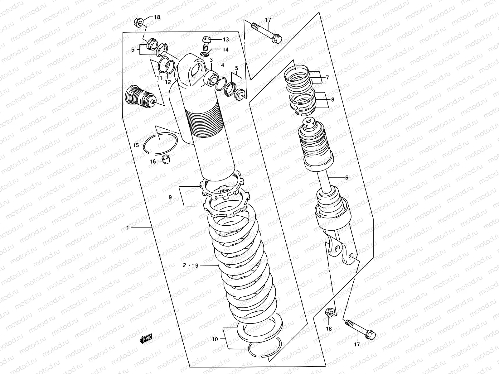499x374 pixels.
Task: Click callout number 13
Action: (225, 40)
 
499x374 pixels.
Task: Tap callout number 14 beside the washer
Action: (225, 50)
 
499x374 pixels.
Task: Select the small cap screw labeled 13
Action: (205, 43)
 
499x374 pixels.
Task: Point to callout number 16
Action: (153, 161)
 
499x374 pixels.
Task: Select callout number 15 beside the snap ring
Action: (136, 145)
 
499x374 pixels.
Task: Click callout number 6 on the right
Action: (346, 178)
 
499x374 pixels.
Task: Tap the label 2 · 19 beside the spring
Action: (191, 266)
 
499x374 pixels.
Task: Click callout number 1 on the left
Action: (128, 228)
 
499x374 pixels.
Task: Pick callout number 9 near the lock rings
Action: (170, 197)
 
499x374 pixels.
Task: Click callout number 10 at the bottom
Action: (215, 339)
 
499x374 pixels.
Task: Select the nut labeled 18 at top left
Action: (138, 22)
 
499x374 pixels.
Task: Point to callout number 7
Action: (327, 78)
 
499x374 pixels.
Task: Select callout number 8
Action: (332, 100)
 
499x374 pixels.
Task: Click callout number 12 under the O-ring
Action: (168, 83)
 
